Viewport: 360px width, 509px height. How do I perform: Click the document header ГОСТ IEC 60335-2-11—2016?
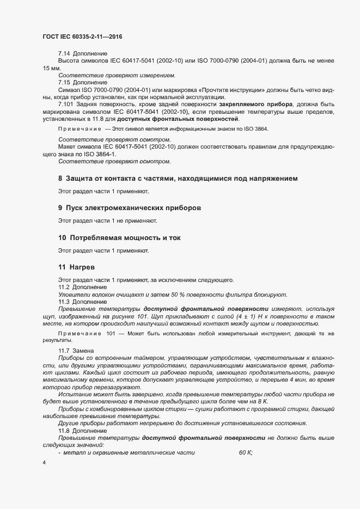point(82,36)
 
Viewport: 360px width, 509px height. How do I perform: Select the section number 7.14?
point(65,54)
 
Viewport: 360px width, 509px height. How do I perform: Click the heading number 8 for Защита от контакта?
point(60,179)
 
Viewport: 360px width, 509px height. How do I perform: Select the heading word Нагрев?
point(82,268)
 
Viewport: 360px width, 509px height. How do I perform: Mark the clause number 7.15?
point(65,82)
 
